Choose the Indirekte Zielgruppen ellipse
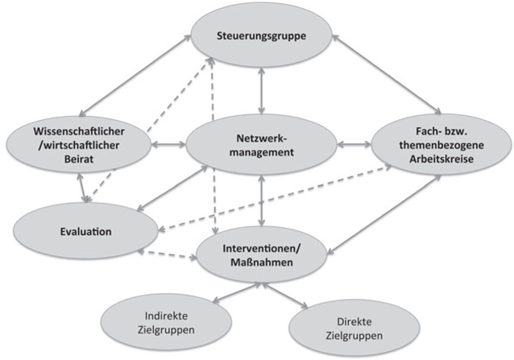pos(161,322)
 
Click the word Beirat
pos(78,159)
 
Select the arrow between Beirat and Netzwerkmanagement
pos(168,145)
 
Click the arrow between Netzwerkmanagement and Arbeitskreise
pos(354,145)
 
